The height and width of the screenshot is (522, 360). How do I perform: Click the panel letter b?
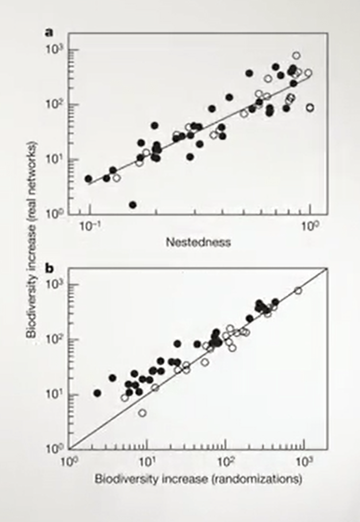coord(51,267)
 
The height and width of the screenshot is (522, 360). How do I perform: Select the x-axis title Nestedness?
coord(199,242)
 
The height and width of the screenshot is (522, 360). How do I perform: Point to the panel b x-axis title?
coord(198,478)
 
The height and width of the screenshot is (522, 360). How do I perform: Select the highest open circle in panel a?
coord(296,56)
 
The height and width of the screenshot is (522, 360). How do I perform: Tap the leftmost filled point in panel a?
coord(88,179)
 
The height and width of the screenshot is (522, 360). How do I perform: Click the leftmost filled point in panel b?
coord(98,393)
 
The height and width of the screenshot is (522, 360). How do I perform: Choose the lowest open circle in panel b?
coord(142,413)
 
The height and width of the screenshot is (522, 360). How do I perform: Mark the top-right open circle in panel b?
coord(298,291)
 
